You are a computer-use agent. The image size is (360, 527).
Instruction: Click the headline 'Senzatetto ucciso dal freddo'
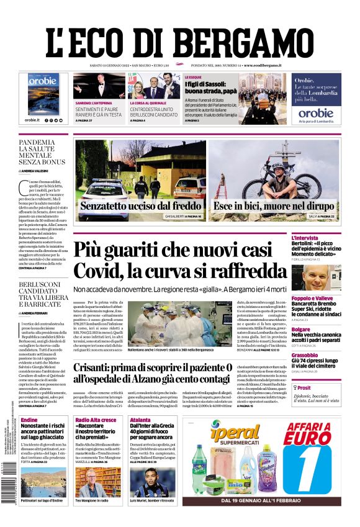[x=140, y=207]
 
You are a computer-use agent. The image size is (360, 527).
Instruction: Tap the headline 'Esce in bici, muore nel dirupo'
[x=275, y=207]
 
